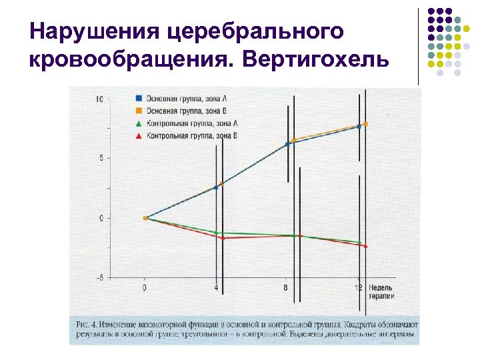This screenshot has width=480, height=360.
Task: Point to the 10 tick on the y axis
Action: tap(99, 99)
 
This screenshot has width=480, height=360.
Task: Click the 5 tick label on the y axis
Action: tap(101, 158)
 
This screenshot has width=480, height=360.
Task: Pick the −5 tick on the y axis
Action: tap(99, 278)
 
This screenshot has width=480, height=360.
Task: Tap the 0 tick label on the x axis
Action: tap(145, 288)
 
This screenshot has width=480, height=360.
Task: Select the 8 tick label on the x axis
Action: tap(285, 288)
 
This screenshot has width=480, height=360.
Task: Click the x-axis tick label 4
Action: tap(215, 288)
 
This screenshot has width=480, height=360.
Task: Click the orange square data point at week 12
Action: tap(365, 124)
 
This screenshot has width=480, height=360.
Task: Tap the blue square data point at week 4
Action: tap(215, 187)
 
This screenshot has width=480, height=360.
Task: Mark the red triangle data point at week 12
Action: tap(365, 246)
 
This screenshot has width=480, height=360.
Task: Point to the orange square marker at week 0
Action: tap(145, 218)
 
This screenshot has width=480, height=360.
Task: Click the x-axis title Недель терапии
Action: tap(381, 291)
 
